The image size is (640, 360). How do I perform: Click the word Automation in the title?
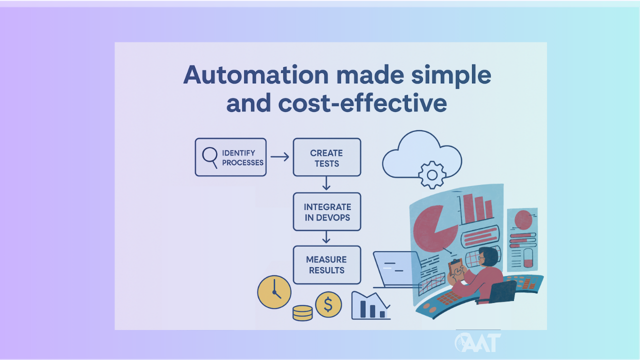tap(255, 75)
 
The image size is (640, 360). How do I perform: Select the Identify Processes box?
tap(230, 157)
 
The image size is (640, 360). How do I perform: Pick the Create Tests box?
tap(326, 157)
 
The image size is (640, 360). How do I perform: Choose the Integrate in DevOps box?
tap(326, 212)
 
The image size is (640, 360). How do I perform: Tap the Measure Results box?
tap(326, 265)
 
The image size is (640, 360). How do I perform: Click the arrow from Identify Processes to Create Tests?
tap(279, 157)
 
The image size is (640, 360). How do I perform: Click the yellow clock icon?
tap(274, 292)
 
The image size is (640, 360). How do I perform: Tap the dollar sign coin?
tap(328, 304)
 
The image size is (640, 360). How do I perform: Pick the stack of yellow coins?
tap(302, 313)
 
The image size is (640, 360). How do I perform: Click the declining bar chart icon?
tap(370, 305)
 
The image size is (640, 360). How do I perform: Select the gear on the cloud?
tap(431, 174)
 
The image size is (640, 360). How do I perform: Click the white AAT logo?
tap(478, 342)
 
